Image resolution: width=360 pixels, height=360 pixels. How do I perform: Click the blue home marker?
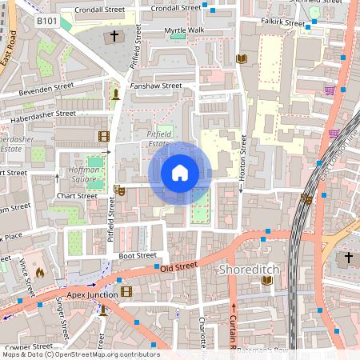point(180,173)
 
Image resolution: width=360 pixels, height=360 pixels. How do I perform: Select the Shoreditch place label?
point(248,270)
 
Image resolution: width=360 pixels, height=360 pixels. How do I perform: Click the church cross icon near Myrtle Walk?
point(114,36)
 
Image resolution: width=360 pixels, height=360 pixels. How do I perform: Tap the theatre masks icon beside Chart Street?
point(119,190)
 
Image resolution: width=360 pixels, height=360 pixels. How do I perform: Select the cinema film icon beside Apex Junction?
point(126,293)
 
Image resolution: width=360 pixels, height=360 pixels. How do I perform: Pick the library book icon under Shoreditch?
point(267,281)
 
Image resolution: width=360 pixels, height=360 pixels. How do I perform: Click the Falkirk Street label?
point(282,24)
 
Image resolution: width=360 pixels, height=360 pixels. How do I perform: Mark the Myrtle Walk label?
point(185,30)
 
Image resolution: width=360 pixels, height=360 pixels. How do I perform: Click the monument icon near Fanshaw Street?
point(117,94)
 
